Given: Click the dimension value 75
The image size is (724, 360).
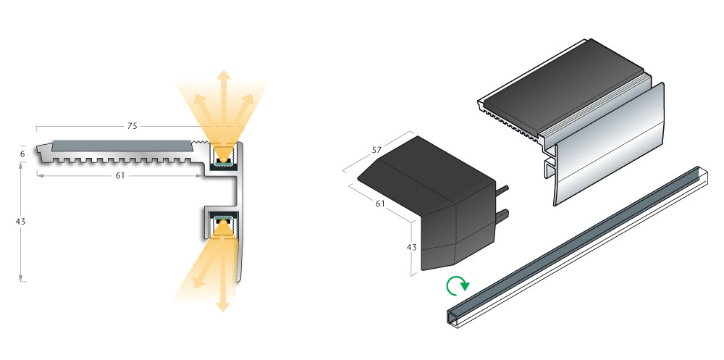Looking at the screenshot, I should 132,126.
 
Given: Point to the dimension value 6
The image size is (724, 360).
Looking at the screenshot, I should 22,154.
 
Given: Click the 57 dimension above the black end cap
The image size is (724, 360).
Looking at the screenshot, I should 376,150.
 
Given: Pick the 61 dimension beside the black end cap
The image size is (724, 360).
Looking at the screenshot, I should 380,204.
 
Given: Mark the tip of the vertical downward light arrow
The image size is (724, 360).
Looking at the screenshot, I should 223,310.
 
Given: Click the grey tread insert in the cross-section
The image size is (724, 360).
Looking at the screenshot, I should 119,146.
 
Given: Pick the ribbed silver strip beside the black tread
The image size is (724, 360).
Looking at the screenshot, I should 601,111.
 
